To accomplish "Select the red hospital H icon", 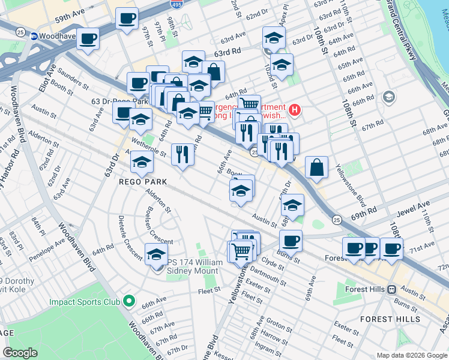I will tap(294, 109).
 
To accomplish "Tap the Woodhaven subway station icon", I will tap(34, 36).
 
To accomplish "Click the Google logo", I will tap(20, 353).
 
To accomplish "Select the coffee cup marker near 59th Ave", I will tap(127, 19).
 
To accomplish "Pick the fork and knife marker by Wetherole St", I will tap(181, 154).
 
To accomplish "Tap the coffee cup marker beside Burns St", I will tap(291, 241).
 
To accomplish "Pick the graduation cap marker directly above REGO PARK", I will tap(142, 161).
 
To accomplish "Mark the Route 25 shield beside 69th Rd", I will tap(337, 220).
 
